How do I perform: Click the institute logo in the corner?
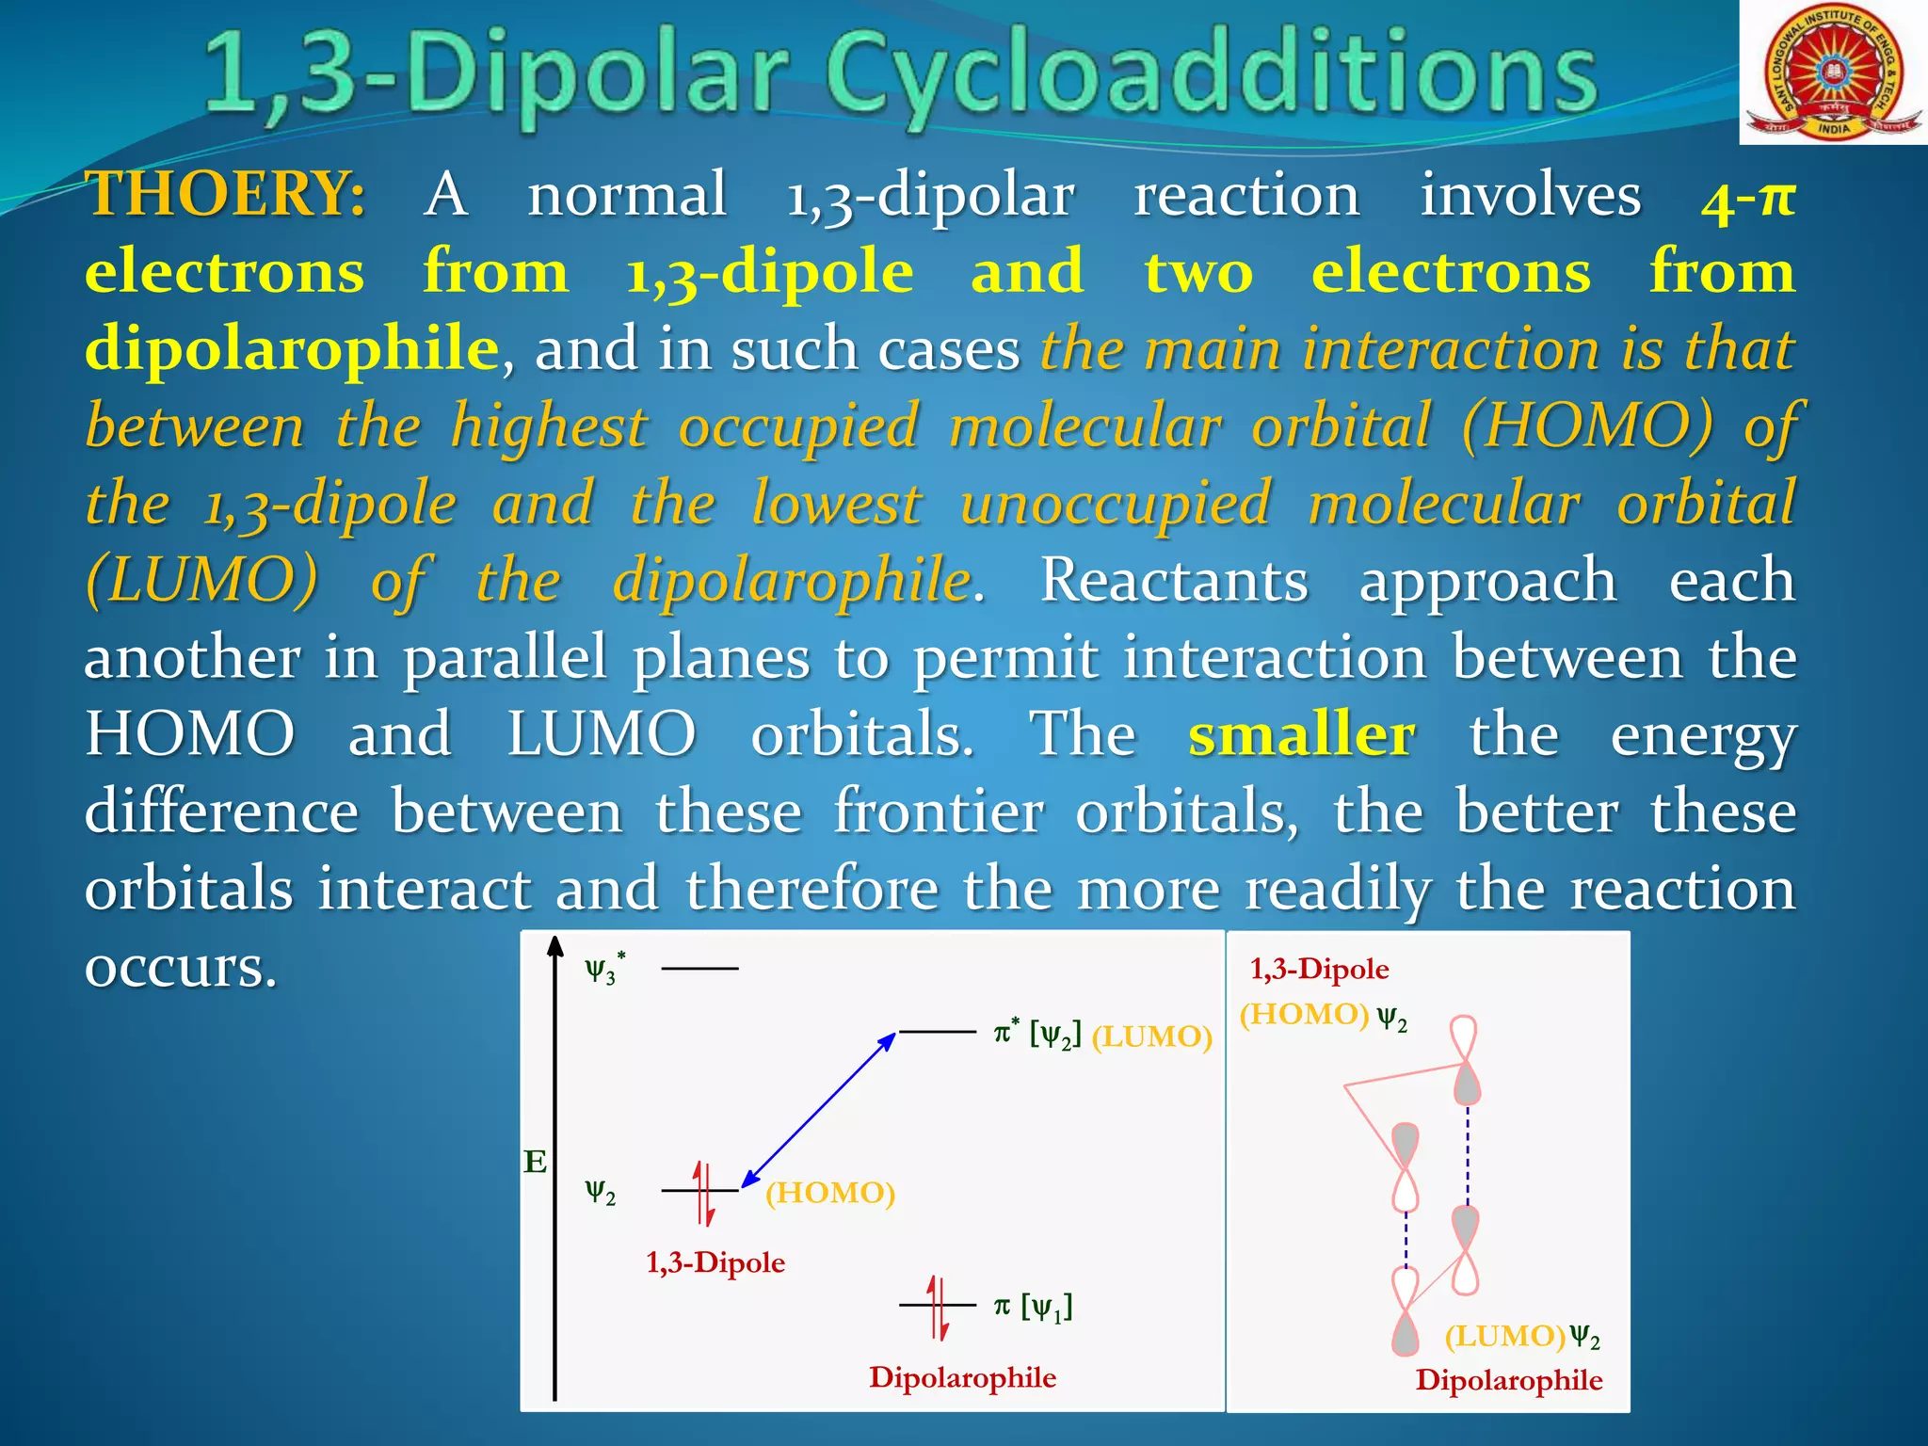pyautogui.click(x=1833, y=72)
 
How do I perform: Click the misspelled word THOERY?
pyautogui.click(x=226, y=195)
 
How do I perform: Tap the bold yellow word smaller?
pyautogui.click(x=1301, y=735)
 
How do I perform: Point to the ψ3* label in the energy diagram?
pyautogui.click(x=604, y=968)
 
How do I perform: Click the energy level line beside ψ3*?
pyautogui.click(x=699, y=968)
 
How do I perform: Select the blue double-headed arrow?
pyautogui.click(x=818, y=1111)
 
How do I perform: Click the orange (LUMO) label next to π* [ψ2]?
pyautogui.click(x=1151, y=1037)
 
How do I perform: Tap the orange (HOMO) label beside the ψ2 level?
pyautogui.click(x=829, y=1194)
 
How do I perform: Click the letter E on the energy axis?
pyautogui.click(x=535, y=1163)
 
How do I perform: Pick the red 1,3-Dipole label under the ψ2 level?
pyautogui.click(x=715, y=1263)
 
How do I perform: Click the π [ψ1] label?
pyautogui.click(x=1033, y=1307)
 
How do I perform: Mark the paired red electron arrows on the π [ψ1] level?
pyautogui.click(x=938, y=1307)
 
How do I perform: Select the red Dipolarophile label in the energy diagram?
pyautogui.click(x=962, y=1378)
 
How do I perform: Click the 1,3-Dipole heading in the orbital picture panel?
pyautogui.click(x=1319, y=970)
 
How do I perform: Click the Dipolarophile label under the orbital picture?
pyautogui.click(x=1508, y=1381)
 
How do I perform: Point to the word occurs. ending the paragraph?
pyautogui.click(x=181, y=968)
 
